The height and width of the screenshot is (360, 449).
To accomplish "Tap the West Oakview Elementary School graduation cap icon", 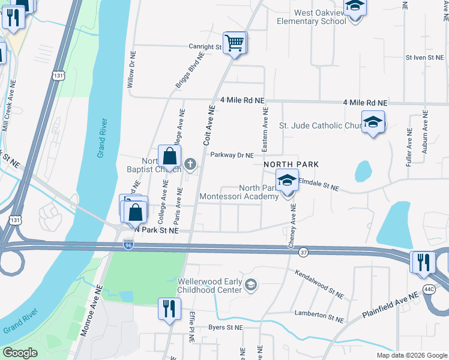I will (x=355, y=7).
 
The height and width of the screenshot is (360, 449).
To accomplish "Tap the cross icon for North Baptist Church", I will (x=190, y=163).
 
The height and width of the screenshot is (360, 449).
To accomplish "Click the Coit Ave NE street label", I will (x=208, y=126).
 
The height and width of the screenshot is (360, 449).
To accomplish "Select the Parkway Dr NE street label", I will (x=232, y=155).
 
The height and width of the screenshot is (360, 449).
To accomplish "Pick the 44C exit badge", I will (x=429, y=289).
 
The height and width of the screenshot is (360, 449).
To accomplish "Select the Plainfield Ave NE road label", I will (x=390, y=306).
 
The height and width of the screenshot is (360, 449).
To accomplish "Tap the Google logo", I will (x=20, y=353).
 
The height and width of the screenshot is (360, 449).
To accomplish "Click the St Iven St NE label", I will (x=424, y=58).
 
